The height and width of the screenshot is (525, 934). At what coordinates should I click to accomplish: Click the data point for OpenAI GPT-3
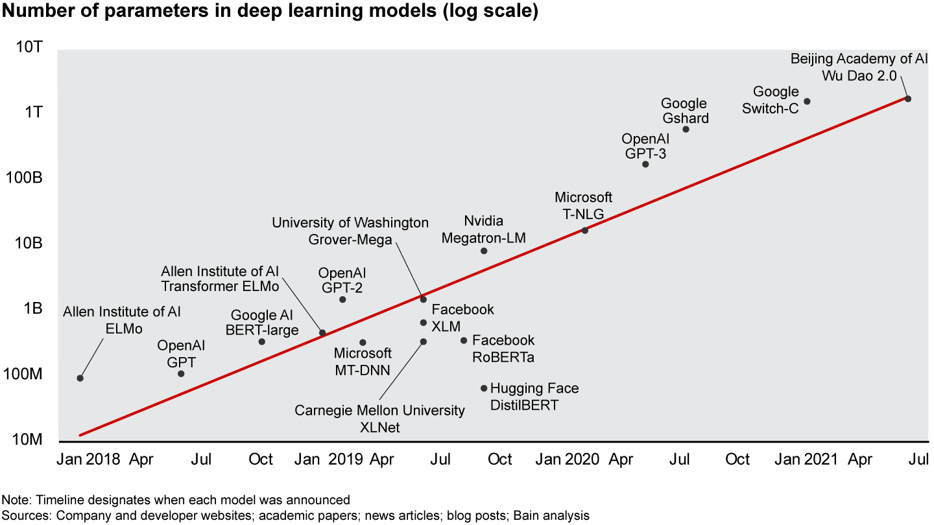pyautogui.click(x=645, y=164)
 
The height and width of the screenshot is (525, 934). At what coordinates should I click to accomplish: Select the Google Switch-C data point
pyautogui.click(x=807, y=101)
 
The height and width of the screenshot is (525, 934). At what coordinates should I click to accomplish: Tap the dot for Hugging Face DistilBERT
pyautogui.click(x=484, y=388)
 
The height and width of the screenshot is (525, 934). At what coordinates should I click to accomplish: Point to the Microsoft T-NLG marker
pyautogui.click(x=584, y=230)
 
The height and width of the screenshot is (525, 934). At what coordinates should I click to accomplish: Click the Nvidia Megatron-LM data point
pyautogui.click(x=484, y=251)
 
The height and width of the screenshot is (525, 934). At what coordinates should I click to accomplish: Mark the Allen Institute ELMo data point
pyautogui.click(x=80, y=378)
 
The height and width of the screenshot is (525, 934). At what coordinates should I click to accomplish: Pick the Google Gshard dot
pyautogui.click(x=686, y=129)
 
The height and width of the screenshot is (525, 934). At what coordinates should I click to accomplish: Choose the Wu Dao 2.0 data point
pyautogui.click(x=908, y=99)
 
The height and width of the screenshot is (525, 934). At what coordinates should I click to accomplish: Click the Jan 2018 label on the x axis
pyautogui.click(x=88, y=460)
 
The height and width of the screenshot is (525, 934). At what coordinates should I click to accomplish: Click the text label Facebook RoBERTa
pyautogui.click(x=503, y=348)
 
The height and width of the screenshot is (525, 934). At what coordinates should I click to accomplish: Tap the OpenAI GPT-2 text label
pyautogui.click(x=342, y=281)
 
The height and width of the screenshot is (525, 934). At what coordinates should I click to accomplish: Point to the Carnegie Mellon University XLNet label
pyautogui.click(x=380, y=419)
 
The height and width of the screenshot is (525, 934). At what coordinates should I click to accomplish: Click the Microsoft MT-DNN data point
pyautogui.click(x=363, y=342)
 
